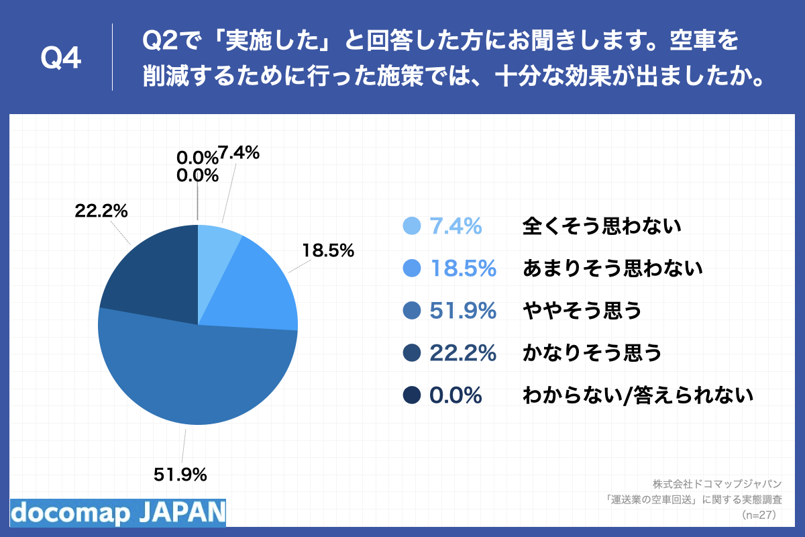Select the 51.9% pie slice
pyautogui.click(x=195, y=376)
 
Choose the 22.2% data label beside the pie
pyautogui.click(x=101, y=211)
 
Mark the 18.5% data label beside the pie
pyautogui.click(x=327, y=251)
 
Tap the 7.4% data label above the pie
pyautogui.click(x=239, y=153)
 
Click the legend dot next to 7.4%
pyautogui.click(x=412, y=227)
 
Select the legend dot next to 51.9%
pyautogui.click(x=412, y=311)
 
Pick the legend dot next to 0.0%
pyautogui.click(x=412, y=395)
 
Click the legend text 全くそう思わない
pyautogui.click(x=602, y=226)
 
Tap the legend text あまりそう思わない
pyautogui.click(x=612, y=268)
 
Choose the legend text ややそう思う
pyautogui.click(x=582, y=311)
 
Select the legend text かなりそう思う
pyautogui.click(x=592, y=353)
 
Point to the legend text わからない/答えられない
pyautogui.click(x=637, y=395)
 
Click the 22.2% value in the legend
pyautogui.click(x=462, y=353)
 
